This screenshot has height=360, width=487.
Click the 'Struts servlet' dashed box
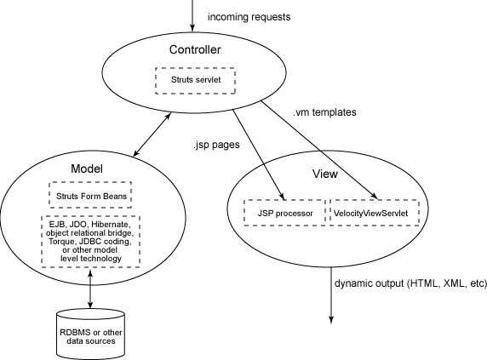pos(195,80)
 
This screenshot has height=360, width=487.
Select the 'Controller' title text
pos(195,49)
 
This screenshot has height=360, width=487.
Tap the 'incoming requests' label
pos(249,17)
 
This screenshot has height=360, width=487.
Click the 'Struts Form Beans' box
pos(90,195)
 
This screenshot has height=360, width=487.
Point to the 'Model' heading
pos(87,169)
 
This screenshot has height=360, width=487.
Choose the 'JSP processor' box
pos(285,213)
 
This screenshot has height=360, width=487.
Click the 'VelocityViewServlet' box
pos(375,213)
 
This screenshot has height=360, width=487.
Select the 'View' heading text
pos(325,174)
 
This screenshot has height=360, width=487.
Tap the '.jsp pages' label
pos(216,145)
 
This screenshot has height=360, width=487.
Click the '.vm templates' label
pos(324,112)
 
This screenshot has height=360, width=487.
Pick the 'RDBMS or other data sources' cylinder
pos(91,334)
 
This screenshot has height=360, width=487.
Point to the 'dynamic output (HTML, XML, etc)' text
pos(410,283)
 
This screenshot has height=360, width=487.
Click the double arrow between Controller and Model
pos(152,134)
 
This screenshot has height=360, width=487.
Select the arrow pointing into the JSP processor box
pos(259,155)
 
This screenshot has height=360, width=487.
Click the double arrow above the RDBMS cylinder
pos(90,289)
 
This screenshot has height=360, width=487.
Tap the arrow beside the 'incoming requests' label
pos(192,15)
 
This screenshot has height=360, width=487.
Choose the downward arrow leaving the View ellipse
pos(331,295)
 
